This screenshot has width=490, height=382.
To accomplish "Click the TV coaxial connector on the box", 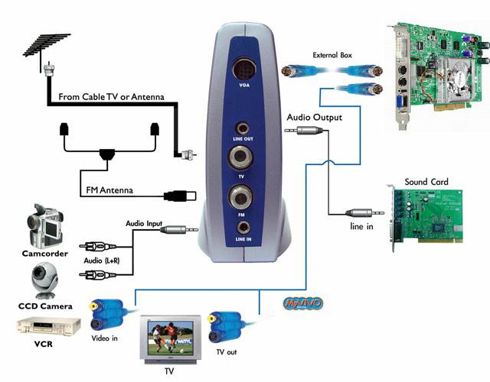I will pyautogui.click(x=244, y=158).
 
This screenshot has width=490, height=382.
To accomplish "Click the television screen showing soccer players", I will pyautogui.click(x=170, y=337).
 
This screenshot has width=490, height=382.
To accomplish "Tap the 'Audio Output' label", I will pyautogui.click(x=314, y=118).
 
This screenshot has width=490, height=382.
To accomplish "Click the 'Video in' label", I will pyautogui.click(x=105, y=336).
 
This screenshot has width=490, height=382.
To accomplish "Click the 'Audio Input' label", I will pyautogui.click(x=146, y=223).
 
